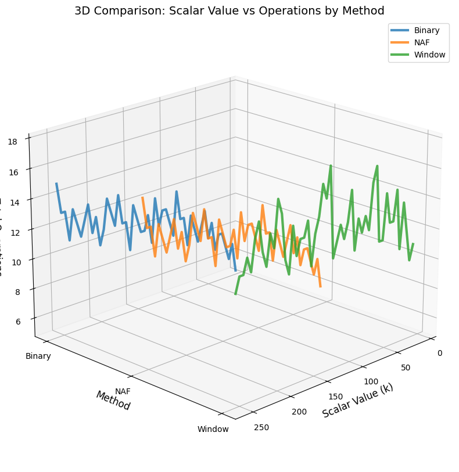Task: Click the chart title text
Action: coord(229,10)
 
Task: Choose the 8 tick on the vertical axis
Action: coord(20,292)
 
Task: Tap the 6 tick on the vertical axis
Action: coord(20,322)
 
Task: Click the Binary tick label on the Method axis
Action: coord(38,356)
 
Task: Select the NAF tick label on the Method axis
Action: coord(123,392)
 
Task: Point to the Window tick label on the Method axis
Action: coord(213,430)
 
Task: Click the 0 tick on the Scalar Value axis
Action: coord(440,353)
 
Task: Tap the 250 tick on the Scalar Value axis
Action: coord(261,428)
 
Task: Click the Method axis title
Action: coord(113,401)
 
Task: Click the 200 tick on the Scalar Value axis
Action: coord(299,412)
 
